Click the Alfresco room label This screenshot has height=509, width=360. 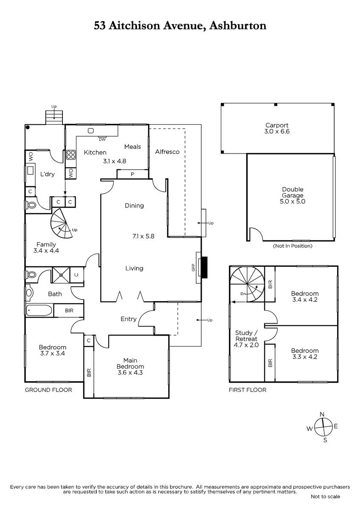coord(167,152)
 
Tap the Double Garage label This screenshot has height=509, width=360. coord(292,192)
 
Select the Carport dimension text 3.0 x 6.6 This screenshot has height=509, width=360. coord(277,131)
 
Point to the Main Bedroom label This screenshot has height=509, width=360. coord(130,364)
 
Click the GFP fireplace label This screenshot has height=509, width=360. coord(193,268)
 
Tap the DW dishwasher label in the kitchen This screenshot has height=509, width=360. coord(102,140)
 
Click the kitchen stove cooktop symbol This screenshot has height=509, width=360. coord(71,155)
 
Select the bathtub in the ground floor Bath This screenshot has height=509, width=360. coord(39,310)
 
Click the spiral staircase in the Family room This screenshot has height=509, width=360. coord(62,224)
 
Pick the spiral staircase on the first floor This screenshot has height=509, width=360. coord(247,284)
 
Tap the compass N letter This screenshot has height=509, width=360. coord(322,414)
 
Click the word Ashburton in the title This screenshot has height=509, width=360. coord(238,26)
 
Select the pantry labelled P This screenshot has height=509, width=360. coord(132,174)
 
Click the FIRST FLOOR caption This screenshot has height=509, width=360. coord(247,390)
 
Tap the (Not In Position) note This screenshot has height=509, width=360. coord(292,246)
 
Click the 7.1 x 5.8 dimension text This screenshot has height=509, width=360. coord(143,236)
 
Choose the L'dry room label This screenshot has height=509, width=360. coord(47,174)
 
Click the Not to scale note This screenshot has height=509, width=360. coord(325,497)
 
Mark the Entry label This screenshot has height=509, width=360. coord(129,319)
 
